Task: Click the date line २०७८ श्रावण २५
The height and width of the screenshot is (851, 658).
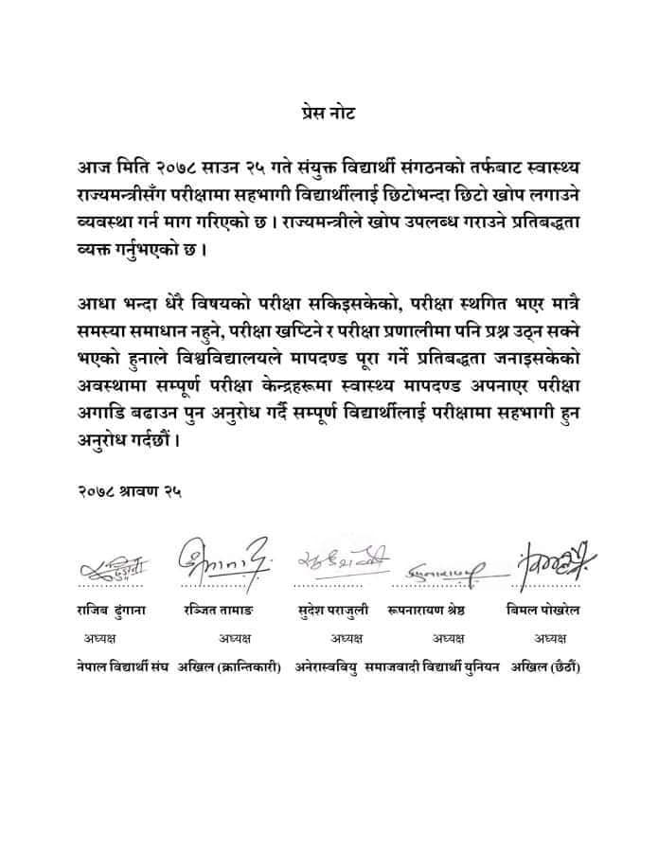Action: (130, 491)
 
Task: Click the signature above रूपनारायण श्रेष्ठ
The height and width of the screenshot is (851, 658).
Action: (445, 570)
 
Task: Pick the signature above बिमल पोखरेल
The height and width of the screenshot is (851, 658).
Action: (552, 564)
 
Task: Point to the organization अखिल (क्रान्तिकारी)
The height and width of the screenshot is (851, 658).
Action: (230, 667)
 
